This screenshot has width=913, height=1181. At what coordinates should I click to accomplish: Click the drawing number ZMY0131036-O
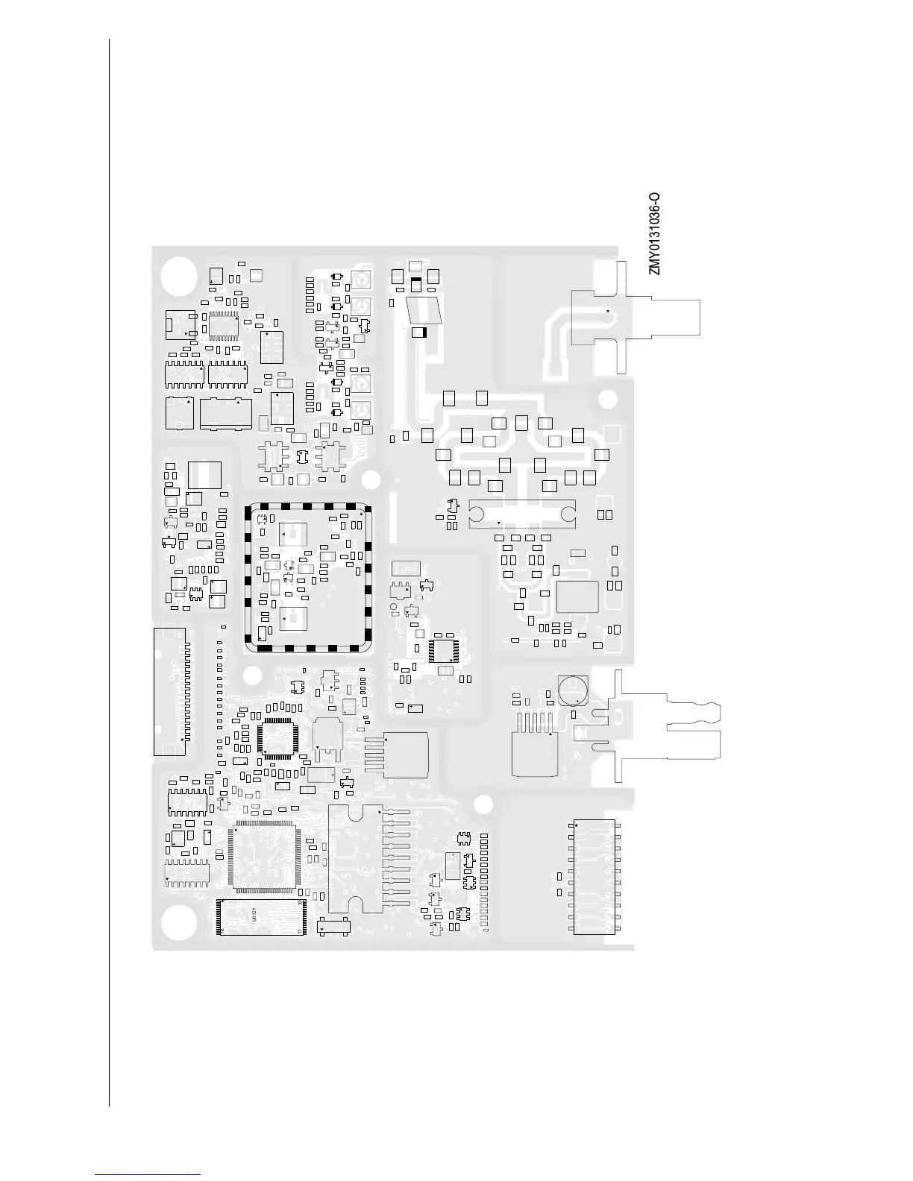coord(654,233)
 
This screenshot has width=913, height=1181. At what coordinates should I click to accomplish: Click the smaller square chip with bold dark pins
coord(278,738)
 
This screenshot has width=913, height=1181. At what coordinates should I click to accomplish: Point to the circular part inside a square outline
coord(573,690)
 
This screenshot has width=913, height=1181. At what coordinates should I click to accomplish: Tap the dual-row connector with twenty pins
coord(594,878)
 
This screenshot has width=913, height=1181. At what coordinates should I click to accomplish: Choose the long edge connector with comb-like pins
coord(170,691)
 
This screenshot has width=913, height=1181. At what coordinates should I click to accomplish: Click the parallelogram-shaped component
coord(423,310)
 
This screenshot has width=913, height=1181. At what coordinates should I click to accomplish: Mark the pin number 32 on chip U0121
coord(300,904)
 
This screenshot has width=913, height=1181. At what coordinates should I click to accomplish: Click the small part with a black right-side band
coord(420,333)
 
